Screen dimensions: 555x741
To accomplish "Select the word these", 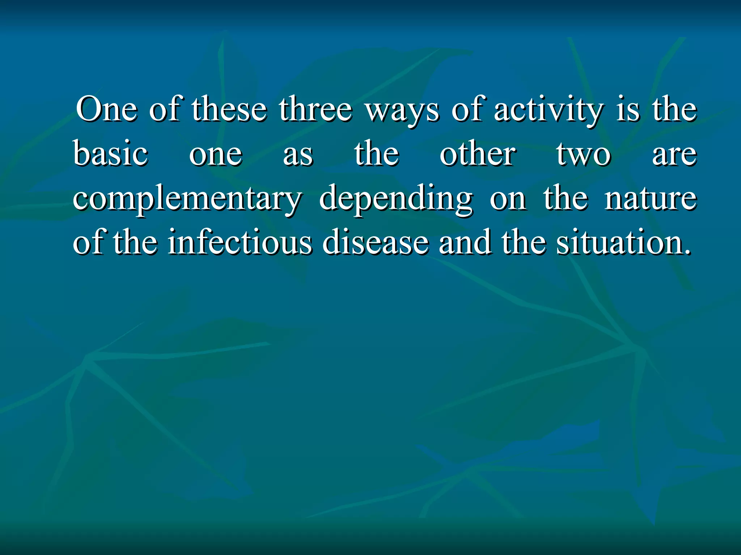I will tap(229, 109).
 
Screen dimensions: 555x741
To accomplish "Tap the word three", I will tap(315, 109).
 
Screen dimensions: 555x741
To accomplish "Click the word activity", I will tap(549, 110).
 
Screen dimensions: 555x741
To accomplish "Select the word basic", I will tap(110, 154).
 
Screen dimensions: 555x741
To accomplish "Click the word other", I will tap(478, 154).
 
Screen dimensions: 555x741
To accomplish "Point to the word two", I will tap(584, 155).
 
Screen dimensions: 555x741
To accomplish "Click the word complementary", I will tap(187, 199).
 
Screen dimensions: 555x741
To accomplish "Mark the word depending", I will tap(395, 199).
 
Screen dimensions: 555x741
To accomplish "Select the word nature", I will tap(651, 199).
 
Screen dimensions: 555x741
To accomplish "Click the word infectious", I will tap(240, 242).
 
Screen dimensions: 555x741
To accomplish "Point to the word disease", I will tap(376, 242).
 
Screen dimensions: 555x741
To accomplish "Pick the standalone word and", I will tap(465, 242).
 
